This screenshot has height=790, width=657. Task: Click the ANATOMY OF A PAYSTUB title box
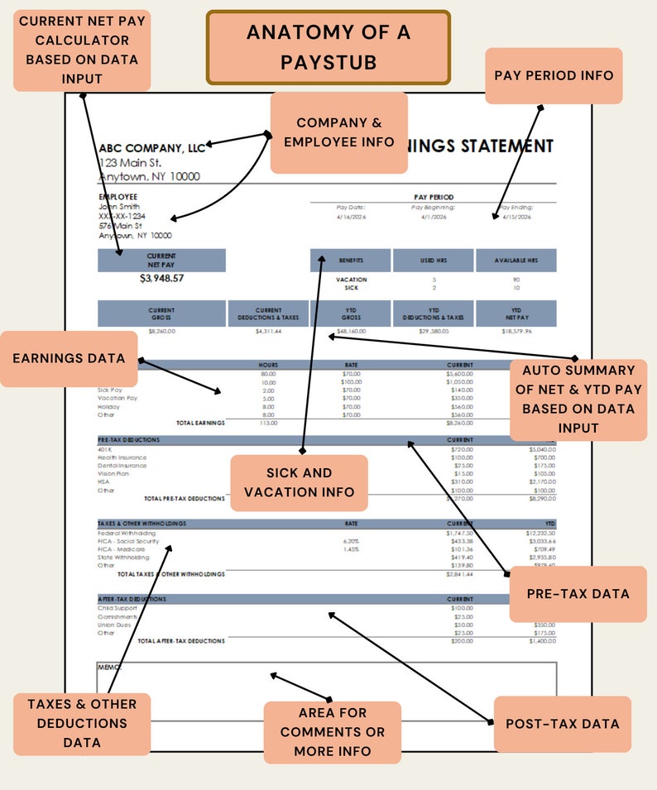coord(328,47)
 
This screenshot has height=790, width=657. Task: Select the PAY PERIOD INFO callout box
coord(554,75)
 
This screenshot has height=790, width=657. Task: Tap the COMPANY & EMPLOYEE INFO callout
coord(338,132)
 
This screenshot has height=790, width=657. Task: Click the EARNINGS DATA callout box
coord(69,358)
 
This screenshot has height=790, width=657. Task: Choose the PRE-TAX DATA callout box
coord(578,594)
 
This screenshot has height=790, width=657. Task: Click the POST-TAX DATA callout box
coord(562,724)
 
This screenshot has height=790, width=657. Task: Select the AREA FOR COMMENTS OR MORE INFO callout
coord(333,732)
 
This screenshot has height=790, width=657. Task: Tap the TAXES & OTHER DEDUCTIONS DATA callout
coord(82,723)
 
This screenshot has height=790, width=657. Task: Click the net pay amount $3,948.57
coord(161,279)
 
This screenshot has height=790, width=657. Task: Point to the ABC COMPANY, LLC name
coord(152,148)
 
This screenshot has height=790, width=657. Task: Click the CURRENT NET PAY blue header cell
coord(161,261)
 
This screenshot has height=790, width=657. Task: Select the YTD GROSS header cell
coord(351,314)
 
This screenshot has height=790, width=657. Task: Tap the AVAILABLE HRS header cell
coord(516,261)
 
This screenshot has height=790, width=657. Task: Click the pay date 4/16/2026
coord(351,217)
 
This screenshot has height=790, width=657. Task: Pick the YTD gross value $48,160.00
coord(351,331)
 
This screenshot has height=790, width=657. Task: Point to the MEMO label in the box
coord(109,667)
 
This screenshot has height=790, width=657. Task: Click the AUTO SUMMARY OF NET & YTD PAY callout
coord(578,399)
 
